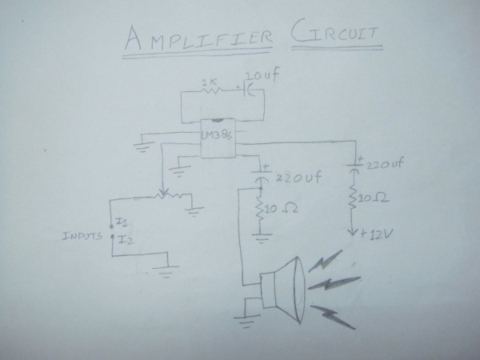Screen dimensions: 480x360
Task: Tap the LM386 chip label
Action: click(217, 134)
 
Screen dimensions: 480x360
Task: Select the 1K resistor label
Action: click(209, 82)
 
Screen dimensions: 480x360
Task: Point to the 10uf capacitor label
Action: click(263, 76)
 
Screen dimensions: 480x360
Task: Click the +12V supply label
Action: click(376, 234)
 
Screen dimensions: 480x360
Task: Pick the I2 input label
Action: click(126, 239)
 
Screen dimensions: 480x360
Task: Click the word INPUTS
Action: click(82, 236)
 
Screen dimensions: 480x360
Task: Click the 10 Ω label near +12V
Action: click(373, 198)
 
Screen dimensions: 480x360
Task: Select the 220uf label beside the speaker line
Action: click(298, 178)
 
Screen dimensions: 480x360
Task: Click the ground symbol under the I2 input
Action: click(166, 271)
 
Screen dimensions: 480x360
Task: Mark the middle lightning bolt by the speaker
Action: click(334, 283)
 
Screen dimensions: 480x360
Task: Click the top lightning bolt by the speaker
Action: click(325, 260)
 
